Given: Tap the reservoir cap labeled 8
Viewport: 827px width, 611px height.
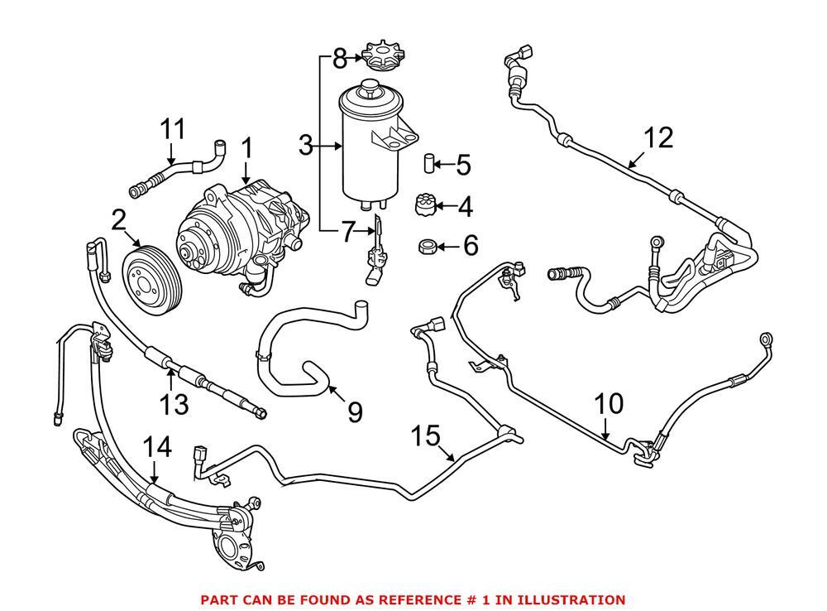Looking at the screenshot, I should point(381,59).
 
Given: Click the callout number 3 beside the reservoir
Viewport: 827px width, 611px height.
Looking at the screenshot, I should point(306,147).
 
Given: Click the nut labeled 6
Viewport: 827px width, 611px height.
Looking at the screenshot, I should point(428,246).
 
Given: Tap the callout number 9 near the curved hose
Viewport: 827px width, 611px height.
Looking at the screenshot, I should point(355,411).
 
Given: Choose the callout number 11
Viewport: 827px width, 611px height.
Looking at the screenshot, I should point(172,129).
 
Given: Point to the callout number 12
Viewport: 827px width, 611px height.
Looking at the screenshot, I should point(658,137).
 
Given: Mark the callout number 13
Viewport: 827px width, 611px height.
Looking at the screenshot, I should point(174,404).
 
